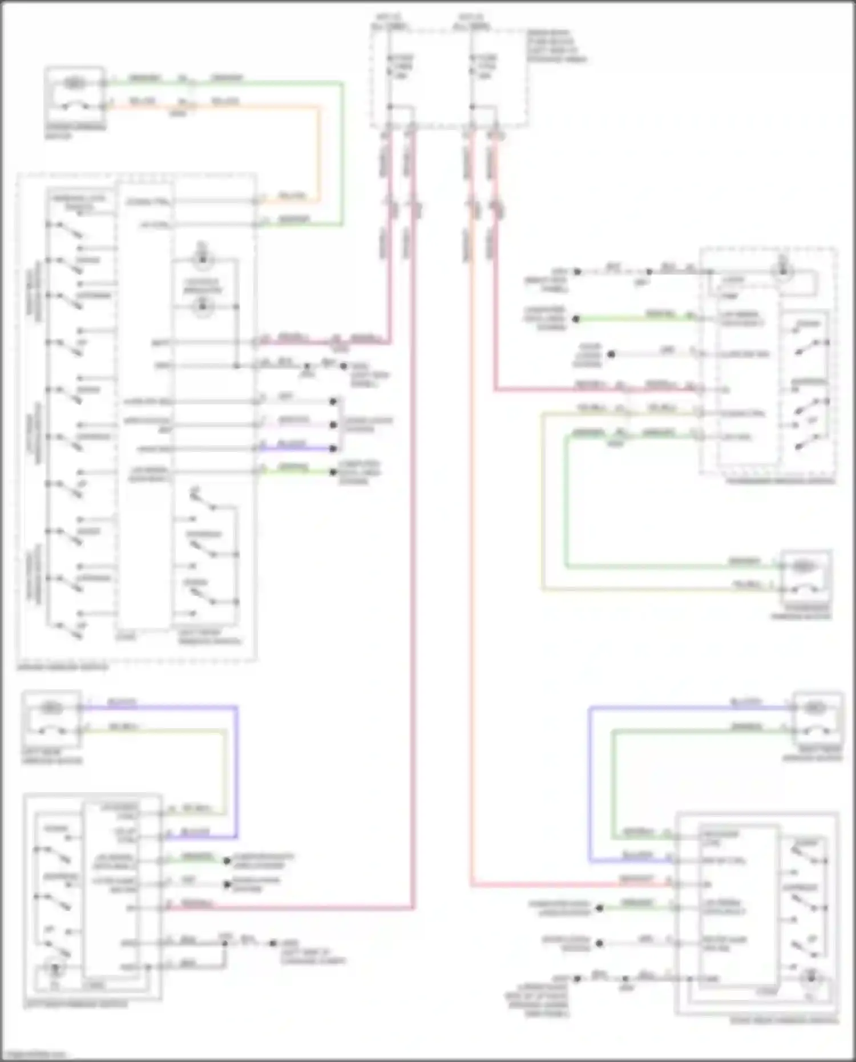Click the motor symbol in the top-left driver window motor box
tap(73, 83)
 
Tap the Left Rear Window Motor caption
tap(51, 756)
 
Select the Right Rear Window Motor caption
tap(813, 753)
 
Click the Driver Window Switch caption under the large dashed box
tap(63, 667)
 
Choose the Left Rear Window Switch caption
tap(76, 1004)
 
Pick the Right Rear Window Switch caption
tap(784, 1020)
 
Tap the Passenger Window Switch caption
tap(780, 481)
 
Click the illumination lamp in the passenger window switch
tap(783, 271)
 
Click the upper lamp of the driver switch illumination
tap(201, 260)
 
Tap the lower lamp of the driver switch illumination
tap(201, 307)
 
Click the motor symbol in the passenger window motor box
tap(803, 566)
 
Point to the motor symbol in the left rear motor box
tap(51, 708)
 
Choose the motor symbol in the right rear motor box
tap(814, 708)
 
